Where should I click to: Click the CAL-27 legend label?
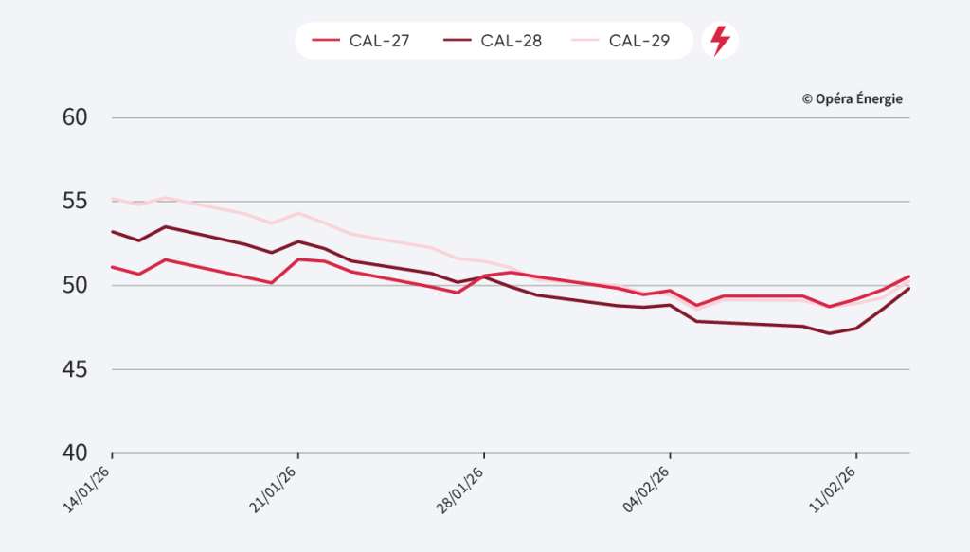click(x=379, y=41)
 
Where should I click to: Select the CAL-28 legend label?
click(x=511, y=41)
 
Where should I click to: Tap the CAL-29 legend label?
click(x=639, y=41)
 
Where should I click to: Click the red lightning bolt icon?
click(x=720, y=41)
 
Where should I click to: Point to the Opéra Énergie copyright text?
click(x=852, y=98)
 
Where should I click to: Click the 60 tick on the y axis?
click(x=76, y=117)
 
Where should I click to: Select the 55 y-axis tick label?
click(x=76, y=202)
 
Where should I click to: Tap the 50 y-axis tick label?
click(x=76, y=285)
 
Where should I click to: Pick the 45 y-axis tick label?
click(x=76, y=369)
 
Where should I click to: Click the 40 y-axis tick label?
click(x=76, y=453)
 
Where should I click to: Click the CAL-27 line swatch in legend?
click(x=326, y=41)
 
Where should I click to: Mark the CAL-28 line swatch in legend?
click(x=457, y=41)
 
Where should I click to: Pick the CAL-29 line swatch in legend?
click(x=585, y=41)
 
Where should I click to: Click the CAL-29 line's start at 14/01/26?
click(x=113, y=199)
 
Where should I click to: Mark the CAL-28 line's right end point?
click(x=909, y=288)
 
